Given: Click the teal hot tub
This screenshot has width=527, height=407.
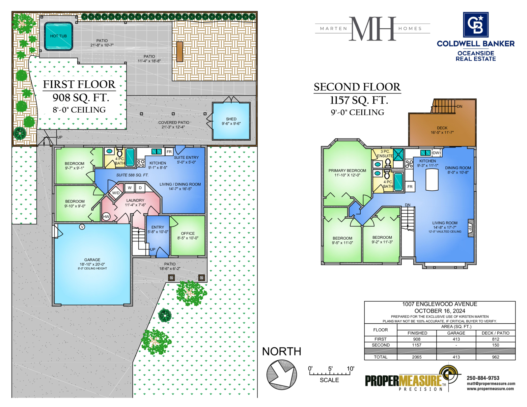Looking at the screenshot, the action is [58, 36].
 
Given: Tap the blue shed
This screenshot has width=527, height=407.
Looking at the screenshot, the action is [231, 121].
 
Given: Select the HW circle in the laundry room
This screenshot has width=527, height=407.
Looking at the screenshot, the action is [106, 216].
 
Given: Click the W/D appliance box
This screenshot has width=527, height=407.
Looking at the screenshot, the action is [116, 193].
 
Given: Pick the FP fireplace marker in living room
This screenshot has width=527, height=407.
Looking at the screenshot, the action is [470, 228].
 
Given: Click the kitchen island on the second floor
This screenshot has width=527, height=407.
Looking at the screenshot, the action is [432, 179].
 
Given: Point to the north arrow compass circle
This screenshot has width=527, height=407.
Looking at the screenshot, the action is [282, 375].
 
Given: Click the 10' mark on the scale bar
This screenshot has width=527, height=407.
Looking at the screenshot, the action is [350, 369].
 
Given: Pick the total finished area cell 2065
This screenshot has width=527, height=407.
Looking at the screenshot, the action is [417, 357].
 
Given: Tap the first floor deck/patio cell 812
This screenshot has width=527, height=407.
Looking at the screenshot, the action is [495, 339].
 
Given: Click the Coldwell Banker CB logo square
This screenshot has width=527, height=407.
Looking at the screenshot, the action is [476, 24].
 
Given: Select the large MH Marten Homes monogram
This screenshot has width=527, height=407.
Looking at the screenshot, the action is [372, 29].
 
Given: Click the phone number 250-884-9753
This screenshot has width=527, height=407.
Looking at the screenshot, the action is [483, 378].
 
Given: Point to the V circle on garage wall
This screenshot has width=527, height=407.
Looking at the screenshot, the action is [82, 227].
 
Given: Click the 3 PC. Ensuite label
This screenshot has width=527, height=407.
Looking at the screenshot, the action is [385, 154].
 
